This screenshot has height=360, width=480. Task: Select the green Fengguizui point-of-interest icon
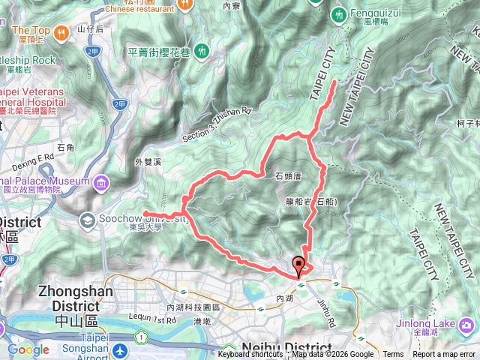tap(340, 13)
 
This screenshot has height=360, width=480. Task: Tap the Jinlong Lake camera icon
tap(468, 325)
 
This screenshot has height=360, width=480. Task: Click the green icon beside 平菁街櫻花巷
tap(202, 51)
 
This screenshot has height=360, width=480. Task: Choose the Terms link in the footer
tap(393, 355)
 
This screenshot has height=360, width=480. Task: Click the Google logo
tap(28, 349)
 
